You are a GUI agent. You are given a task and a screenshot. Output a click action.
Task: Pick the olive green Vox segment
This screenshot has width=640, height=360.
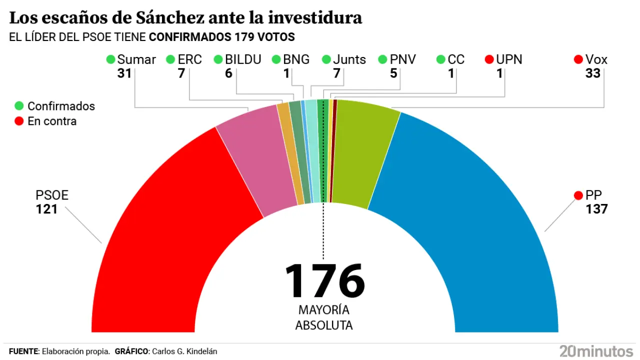click(x=362, y=150)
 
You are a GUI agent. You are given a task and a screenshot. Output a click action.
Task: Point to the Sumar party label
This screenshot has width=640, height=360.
click(x=136, y=59)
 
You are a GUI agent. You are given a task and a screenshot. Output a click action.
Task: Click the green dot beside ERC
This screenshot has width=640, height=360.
click(x=170, y=59)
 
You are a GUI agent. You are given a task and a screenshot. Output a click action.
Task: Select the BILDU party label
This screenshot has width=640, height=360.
click(x=243, y=59)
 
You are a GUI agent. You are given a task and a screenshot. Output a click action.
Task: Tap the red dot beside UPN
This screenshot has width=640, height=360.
click(x=489, y=59)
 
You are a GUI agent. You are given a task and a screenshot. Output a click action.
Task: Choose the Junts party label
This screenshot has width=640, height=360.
click(x=349, y=59)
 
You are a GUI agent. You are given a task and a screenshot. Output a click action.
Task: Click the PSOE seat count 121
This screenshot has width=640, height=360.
click(x=46, y=209)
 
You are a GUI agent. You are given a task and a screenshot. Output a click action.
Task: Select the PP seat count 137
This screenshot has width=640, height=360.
click(x=596, y=209)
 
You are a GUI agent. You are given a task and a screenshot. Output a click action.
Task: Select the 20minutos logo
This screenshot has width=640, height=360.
click(x=596, y=350)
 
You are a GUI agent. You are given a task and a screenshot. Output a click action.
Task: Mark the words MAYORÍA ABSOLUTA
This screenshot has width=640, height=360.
click(x=324, y=317)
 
